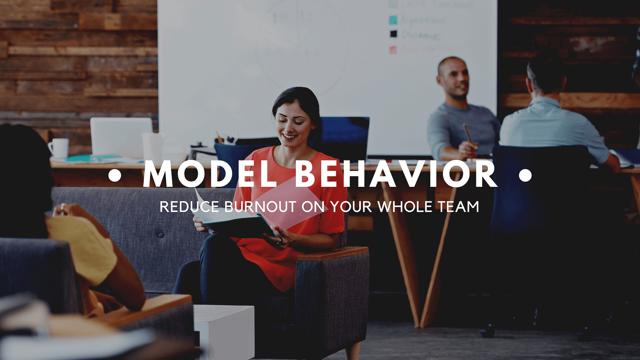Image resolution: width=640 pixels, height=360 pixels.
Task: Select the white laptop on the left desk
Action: pos(121,136)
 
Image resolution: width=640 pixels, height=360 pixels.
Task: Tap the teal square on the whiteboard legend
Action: pos(393,20)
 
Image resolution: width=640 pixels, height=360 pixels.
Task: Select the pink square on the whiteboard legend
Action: pos(393,50)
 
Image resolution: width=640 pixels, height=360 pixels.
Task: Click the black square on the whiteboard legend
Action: pos(393,34)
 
